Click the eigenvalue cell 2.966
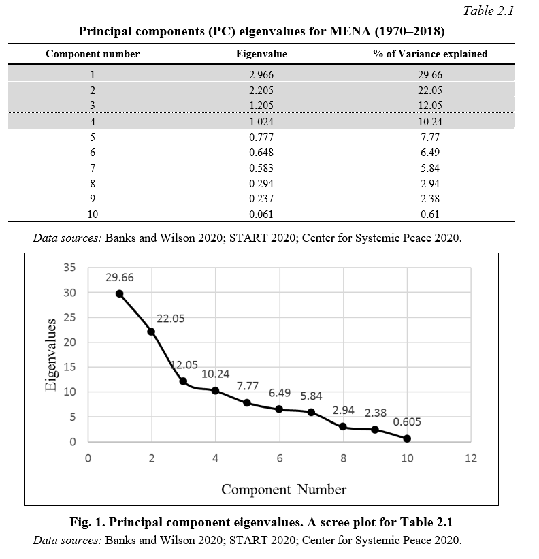coord(261,74)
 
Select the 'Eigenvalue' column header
coord(261,54)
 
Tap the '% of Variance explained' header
coord(430,54)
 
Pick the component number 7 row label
coord(93,168)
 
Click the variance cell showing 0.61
coord(430,214)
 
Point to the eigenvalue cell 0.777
coord(261,138)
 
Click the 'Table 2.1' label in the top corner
coord(488,11)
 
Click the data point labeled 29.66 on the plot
coord(119,293)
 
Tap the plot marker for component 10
coord(407,438)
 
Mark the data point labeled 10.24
coord(215,391)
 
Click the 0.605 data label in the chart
coord(407,421)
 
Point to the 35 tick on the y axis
coord(69,267)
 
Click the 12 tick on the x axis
coord(470,458)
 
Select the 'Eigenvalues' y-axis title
coord(51,355)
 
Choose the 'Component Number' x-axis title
coord(284,490)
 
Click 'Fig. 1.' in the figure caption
coord(87,522)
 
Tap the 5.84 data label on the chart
coord(311,396)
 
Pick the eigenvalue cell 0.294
coord(261,184)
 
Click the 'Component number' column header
coord(93,54)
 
